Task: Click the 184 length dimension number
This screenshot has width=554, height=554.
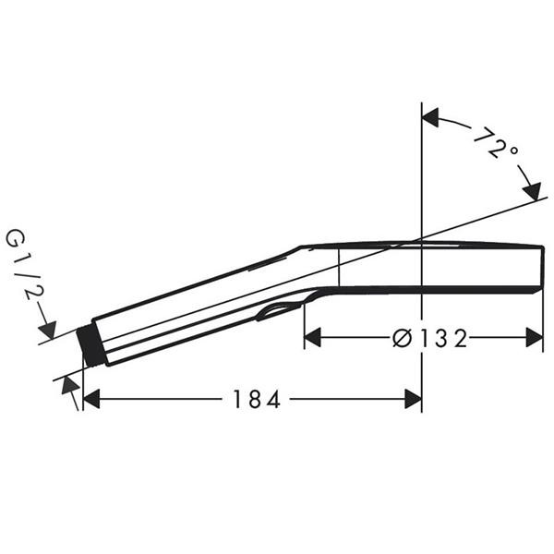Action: click(x=257, y=399)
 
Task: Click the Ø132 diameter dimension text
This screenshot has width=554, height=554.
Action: click(x=429, y=338)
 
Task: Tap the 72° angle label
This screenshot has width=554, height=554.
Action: click(x=495, y=142)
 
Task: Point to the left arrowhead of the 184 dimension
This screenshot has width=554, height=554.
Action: click(x=91, y=399)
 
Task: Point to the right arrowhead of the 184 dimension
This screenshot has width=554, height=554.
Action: click(x=413, y=399)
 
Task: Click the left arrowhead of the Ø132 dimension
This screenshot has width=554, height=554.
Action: click(x=312, y=337)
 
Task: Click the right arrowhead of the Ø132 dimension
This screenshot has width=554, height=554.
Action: click(x=535, y=337)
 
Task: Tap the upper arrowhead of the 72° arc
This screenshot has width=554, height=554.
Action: click(x=430, y=117)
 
